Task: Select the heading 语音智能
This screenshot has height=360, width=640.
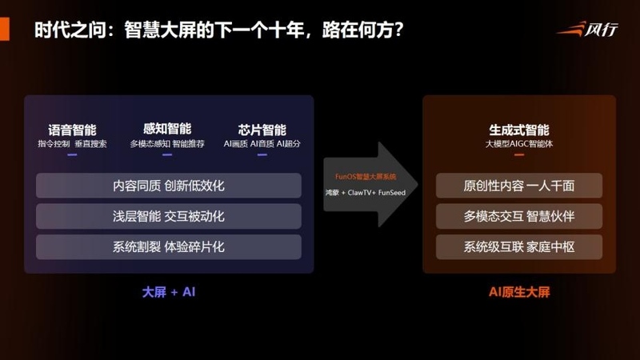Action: [72, 129]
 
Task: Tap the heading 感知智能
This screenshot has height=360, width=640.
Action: [167, 129]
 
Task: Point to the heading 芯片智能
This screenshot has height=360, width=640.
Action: [262, 129]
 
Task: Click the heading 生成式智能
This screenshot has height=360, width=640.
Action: [518, 129]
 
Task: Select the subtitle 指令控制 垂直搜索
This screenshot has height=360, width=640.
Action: [72, 144]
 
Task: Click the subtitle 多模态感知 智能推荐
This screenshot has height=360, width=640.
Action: [167, 144]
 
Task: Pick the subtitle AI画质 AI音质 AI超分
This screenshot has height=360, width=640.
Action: [262, 144]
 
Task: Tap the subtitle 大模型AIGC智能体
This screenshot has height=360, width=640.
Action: [518, 144]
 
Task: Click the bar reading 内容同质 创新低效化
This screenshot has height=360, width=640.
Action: [169, 186]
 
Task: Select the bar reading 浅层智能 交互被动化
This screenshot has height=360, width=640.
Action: [169, 216]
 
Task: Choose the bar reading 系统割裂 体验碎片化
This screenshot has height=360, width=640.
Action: [169, 246]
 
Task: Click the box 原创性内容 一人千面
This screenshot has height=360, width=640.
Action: [519, 186]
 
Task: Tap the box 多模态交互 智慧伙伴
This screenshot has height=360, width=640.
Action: [519, 216]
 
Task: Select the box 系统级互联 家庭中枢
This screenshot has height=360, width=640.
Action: [519, 246]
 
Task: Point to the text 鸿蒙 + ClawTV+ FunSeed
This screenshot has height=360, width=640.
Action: [365, 193]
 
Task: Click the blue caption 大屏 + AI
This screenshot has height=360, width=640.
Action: [168, 292]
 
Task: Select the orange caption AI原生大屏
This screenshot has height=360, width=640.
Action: [519, 292]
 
